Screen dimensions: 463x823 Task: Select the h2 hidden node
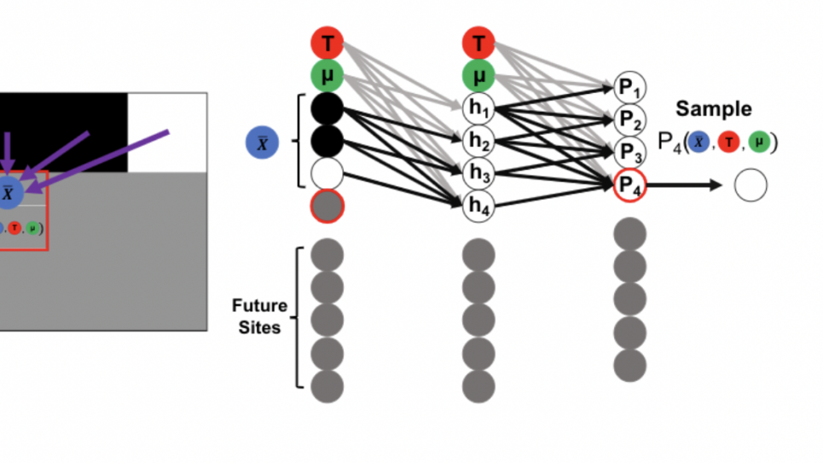[x=478, y=141]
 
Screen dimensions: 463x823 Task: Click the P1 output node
[x=629, y=88]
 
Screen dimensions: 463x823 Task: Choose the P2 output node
[x=629, y=119]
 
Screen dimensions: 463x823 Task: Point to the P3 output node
[x=629, y=152]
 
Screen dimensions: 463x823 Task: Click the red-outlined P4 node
[x=629, y=185]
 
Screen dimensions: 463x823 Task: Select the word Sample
[x=714, y=109]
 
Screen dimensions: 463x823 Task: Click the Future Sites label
[x=259, y=316]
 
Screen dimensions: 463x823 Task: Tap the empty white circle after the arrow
[x=751, y=186]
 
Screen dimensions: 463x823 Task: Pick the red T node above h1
[x=478, y=43]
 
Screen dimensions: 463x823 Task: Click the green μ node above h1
[x=478, y=75]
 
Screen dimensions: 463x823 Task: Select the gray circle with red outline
[x=327, y=205]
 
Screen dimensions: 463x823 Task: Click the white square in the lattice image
[x=166, y=132]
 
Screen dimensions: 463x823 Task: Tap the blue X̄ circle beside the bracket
[x=262, y=142]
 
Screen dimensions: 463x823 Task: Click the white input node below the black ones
[x=327, y=173]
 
